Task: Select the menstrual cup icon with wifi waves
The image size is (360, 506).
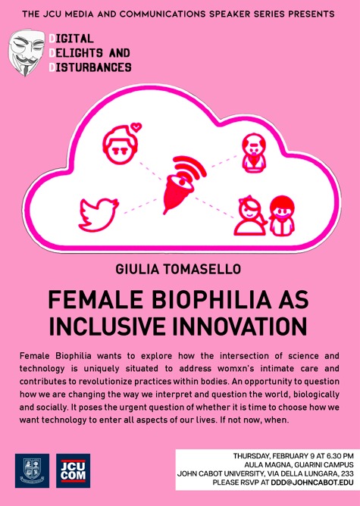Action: [180, 183]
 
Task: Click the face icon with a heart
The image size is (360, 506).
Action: [121, 142]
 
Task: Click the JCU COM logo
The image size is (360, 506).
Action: [74, 470]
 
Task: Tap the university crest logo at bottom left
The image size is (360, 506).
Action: [32, 470]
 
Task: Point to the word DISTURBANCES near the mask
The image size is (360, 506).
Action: [90, 67]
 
